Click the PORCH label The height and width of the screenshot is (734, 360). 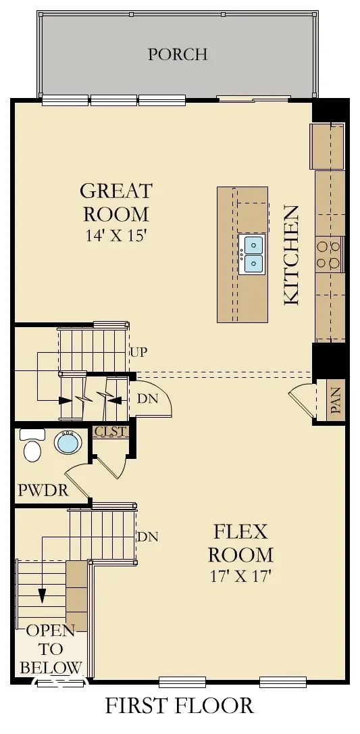coord(178,54)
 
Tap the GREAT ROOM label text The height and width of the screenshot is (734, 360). coord(117,202)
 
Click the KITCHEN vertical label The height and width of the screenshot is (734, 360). coord(292,255)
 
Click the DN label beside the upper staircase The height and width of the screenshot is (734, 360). coord(147,399)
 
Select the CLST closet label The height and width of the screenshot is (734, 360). coord(111,431)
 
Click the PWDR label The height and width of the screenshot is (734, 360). coord(44,490)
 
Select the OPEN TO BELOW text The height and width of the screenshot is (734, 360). coord(51,649)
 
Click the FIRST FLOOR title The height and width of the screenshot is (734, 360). coord(179,706)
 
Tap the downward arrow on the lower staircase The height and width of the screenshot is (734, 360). coord(42,595)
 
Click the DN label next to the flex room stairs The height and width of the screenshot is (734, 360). coord(147,537)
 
